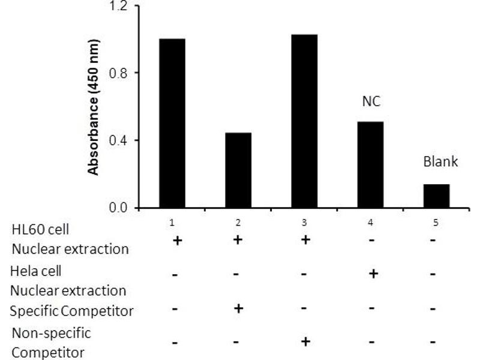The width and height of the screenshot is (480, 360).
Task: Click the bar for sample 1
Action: tap(172, 124)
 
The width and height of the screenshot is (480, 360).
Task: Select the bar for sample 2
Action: tap(238, 170)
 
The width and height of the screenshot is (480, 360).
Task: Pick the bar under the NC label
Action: tap(370, 165)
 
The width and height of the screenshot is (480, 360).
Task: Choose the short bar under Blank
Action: tap(436, 196)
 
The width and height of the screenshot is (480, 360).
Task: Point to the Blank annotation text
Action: tap(441, 161)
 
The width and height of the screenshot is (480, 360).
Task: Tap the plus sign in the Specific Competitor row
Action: tap(238, 308)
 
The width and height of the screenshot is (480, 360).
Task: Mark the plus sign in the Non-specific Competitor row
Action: tap(304, 342)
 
